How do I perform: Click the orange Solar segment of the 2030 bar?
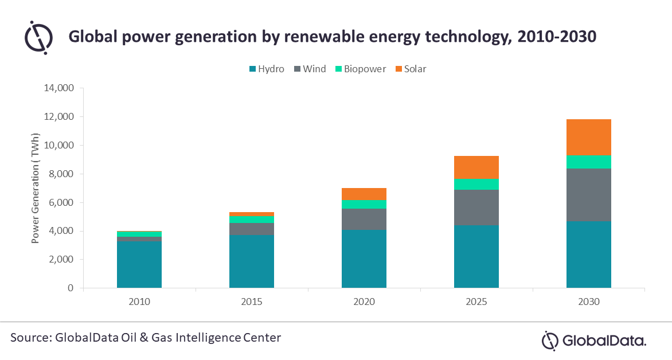click(x=588, y=138)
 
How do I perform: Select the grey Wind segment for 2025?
click(x=476, y=208)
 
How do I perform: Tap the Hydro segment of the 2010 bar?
click(x=139, y=265)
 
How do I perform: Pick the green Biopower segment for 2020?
click(x=364, y=205)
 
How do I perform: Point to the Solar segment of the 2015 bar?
click(x=251, y=214)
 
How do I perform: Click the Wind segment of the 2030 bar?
click(x=588, y=195)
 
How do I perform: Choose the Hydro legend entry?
click(x=267, y=69)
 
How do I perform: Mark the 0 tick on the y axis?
click(x=71, y=288)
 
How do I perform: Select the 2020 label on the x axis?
click(x=364, y=302)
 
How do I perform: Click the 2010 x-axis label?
click(x=139, y=302)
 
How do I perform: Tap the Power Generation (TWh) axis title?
click(x=36, y=189)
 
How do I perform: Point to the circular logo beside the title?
click(x=38, y=37)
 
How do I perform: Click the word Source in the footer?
click(x=29, y=338)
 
